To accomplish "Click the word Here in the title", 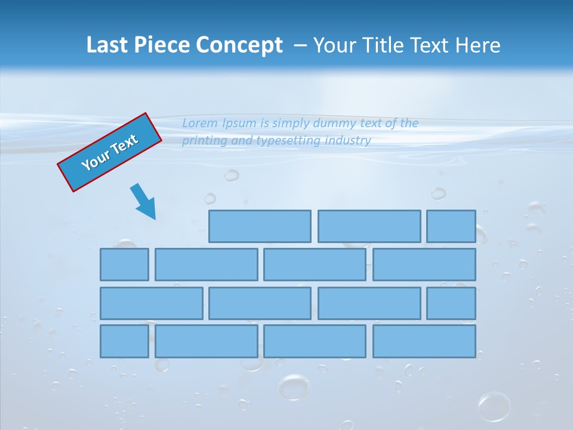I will pyautogui.click(x=477, y=45).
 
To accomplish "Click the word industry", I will pyautogui.click(x=349, y=141).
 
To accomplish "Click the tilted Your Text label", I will pyautogui.click(x=109, y=152).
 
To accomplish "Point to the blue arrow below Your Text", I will pyautogui.click(x=144, y=201).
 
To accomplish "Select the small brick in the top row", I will pyautogui.click(x=451, y=226).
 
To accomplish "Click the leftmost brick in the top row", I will pyautogui.click(x=260, y=226).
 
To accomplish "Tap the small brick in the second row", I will pyautogui.click(x=124, y=265).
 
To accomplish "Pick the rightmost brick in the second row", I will pyautogui.click(x=424, y=265).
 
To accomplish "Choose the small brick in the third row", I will pyautogui.click(x=451, y=303).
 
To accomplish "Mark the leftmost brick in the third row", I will pyautogui.click(x=151, y=303).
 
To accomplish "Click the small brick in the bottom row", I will pyautogui.click(x=124, y=341).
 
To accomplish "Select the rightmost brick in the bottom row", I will pyautogui.click(x=424, y=341).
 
